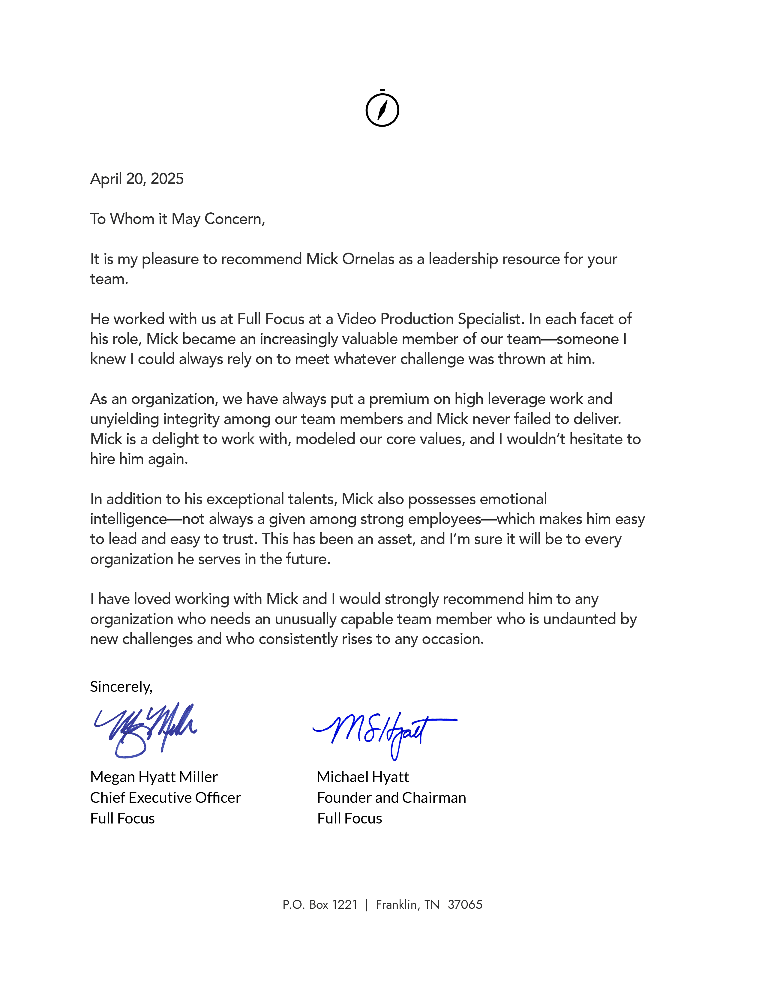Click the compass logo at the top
[382, 109]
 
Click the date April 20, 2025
[137, 179]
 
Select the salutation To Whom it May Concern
[177, 219]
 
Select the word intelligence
[128, 519]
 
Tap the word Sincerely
[121, 687]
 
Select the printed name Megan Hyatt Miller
[154, 777]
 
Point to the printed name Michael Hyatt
[363, 777]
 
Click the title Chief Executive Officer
[165, 798]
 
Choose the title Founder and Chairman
[391, 798]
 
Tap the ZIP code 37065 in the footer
[465, 905]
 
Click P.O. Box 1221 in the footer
[320, 905]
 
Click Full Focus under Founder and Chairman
[349, 819]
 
